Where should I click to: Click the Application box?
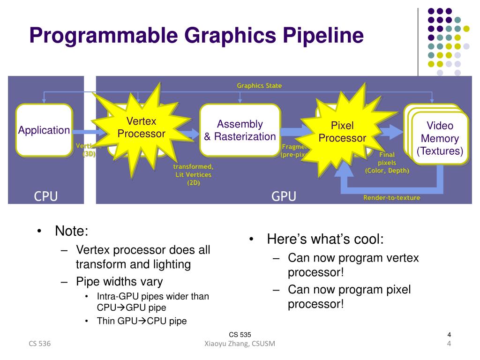click(x=44, y=130)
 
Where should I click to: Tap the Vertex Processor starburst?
click(x=141, y=127)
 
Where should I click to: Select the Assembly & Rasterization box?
click(x=240, y=130)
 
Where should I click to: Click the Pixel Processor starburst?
click(x=342, y=132)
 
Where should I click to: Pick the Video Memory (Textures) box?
click(x=440, y=138)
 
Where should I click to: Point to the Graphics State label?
click(x=259, y=86)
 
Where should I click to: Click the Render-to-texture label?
click(x=392, y=198)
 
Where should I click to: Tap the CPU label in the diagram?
click(x=46, y=196)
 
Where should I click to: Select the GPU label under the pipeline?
click(x=284, y=196)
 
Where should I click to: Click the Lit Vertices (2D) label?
click(x=193, y=175)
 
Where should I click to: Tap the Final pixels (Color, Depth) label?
click(x=387, y=163)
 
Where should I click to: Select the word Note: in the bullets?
click(x=71, y=231)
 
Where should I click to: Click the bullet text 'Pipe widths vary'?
click(x=120, y=282)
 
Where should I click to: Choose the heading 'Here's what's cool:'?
click(x=325, y=239)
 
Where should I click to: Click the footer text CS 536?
click(x=40, y=345)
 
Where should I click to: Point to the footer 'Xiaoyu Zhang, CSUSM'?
click(x=240, y=345)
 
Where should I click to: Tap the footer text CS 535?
click(x=240, y=335)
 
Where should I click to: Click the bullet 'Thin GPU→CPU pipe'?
click(x=142, y=321)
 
